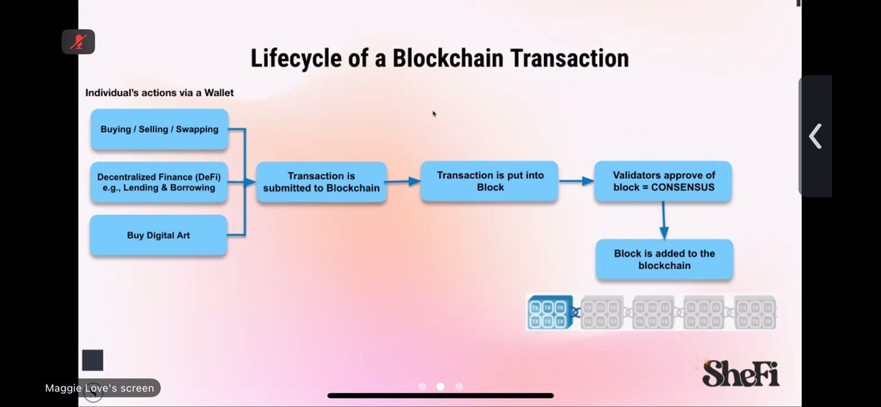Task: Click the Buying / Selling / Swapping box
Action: [159, 129]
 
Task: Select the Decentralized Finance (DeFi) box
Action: [158, 182]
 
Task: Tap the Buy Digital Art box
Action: [158, 235]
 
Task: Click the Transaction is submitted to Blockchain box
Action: [322, 182]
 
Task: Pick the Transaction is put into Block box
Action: [490, 181]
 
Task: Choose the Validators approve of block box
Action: [664, 181]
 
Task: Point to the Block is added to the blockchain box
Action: [664, 259]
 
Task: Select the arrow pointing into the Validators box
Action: [577, 181]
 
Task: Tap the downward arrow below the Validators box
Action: [664, 220]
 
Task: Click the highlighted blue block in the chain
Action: [550, 312]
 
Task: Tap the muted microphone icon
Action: [78, 41]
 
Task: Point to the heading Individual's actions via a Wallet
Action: [159, 92]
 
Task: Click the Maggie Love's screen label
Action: [100, 388]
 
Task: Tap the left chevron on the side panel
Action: [815, 136]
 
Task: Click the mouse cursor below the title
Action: [434, 114]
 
